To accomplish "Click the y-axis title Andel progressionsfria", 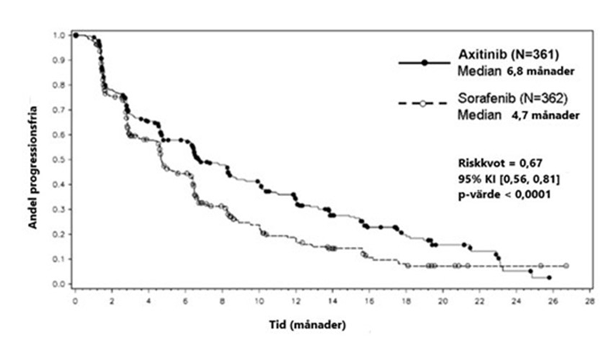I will (34, 160).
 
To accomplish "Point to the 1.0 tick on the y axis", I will (58, 35).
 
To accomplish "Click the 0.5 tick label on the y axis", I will (58, 159).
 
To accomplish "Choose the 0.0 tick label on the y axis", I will (58, 284).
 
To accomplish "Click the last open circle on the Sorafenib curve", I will (566, 266).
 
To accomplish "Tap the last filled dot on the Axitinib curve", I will (548, 277).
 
